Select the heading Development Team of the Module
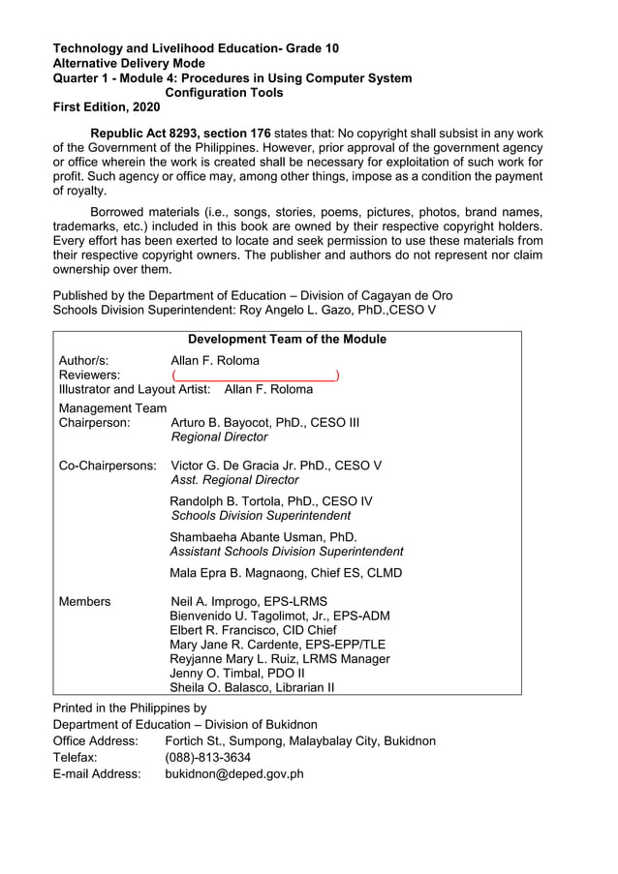pos(287,339)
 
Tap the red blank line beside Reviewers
pos(255,375)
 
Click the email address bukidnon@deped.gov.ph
pos(234,773)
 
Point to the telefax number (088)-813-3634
pos(208,757)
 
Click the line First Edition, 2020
pos(107,107)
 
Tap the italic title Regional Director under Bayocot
pos(219,437)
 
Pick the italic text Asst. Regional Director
pos(234,480)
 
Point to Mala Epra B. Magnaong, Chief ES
pos(286,572)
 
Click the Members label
pos(84,601)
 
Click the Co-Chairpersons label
pos(108,465)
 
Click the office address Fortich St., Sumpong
pos(300,740)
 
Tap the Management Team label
pos(112,407)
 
